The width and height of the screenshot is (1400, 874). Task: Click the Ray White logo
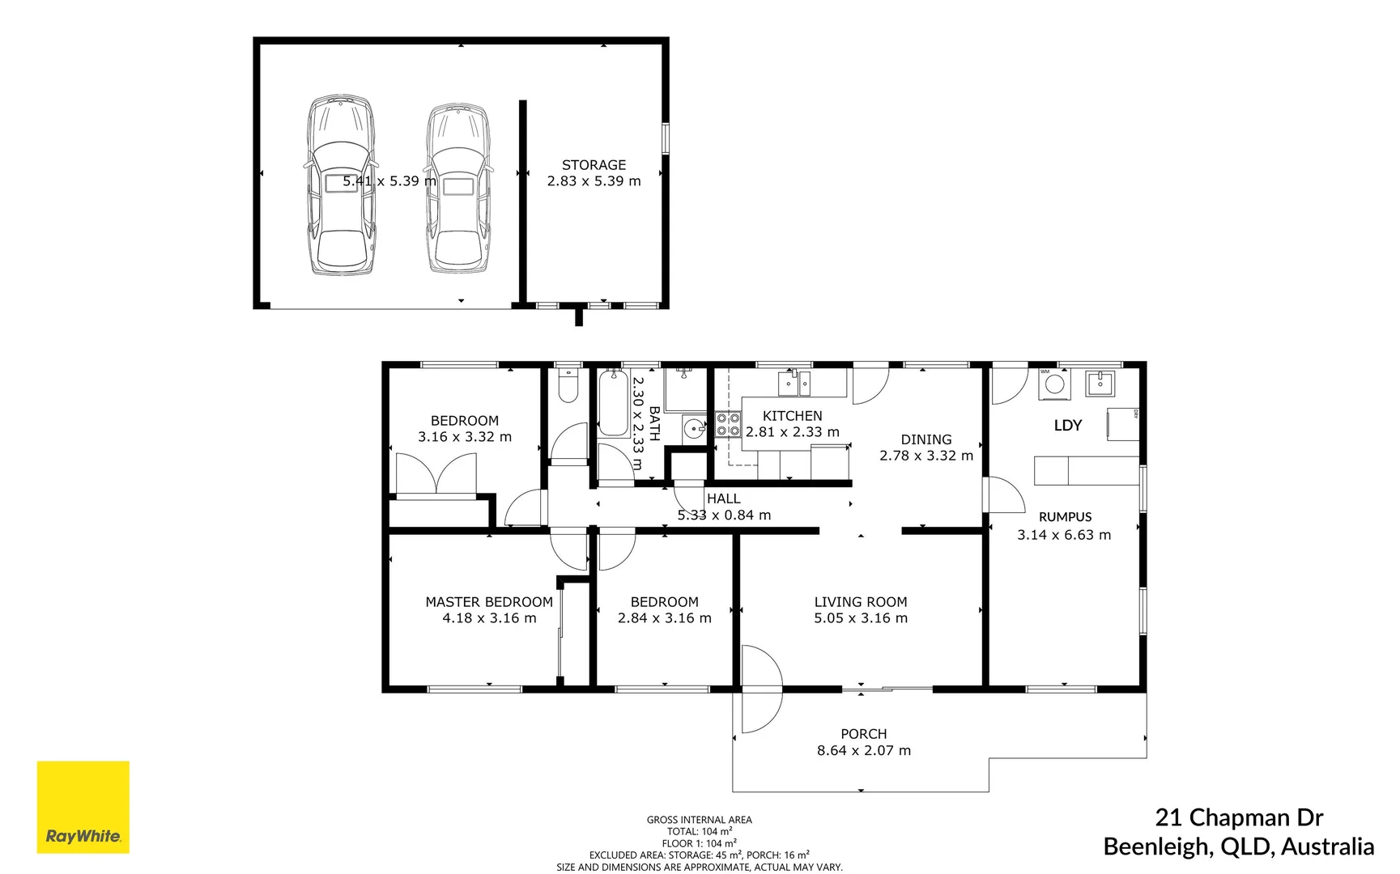pos(83,807)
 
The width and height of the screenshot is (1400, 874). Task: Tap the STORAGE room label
pos(594,164)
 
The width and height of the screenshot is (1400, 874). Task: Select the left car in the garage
pos(340,185)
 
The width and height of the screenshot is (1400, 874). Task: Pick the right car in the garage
pos(459,188)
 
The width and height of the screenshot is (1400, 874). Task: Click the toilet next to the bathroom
pos(568,386)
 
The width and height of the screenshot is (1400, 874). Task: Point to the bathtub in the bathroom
pos(614,402)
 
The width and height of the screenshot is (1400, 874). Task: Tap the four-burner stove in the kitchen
pos(728,424)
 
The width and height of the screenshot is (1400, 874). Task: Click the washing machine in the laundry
pos(1054,384)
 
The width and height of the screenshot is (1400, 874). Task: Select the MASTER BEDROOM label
pos(489,601)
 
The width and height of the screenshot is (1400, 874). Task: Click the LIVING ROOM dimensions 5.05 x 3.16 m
pos(861,618)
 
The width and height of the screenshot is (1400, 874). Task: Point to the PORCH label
pos(863,734)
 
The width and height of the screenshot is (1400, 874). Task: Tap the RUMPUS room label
pos(1065,516)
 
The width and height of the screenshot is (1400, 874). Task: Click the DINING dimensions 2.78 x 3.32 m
pos(926,456)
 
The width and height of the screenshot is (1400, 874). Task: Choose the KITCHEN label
pos(792,415)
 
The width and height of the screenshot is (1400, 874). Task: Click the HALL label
pos(723,499)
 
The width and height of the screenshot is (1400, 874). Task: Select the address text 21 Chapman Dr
pos(1239,817)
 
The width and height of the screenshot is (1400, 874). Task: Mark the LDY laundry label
pos(1067,425)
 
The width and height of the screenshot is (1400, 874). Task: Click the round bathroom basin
pos(694,427)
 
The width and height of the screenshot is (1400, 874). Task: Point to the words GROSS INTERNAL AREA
pos(699,820)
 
